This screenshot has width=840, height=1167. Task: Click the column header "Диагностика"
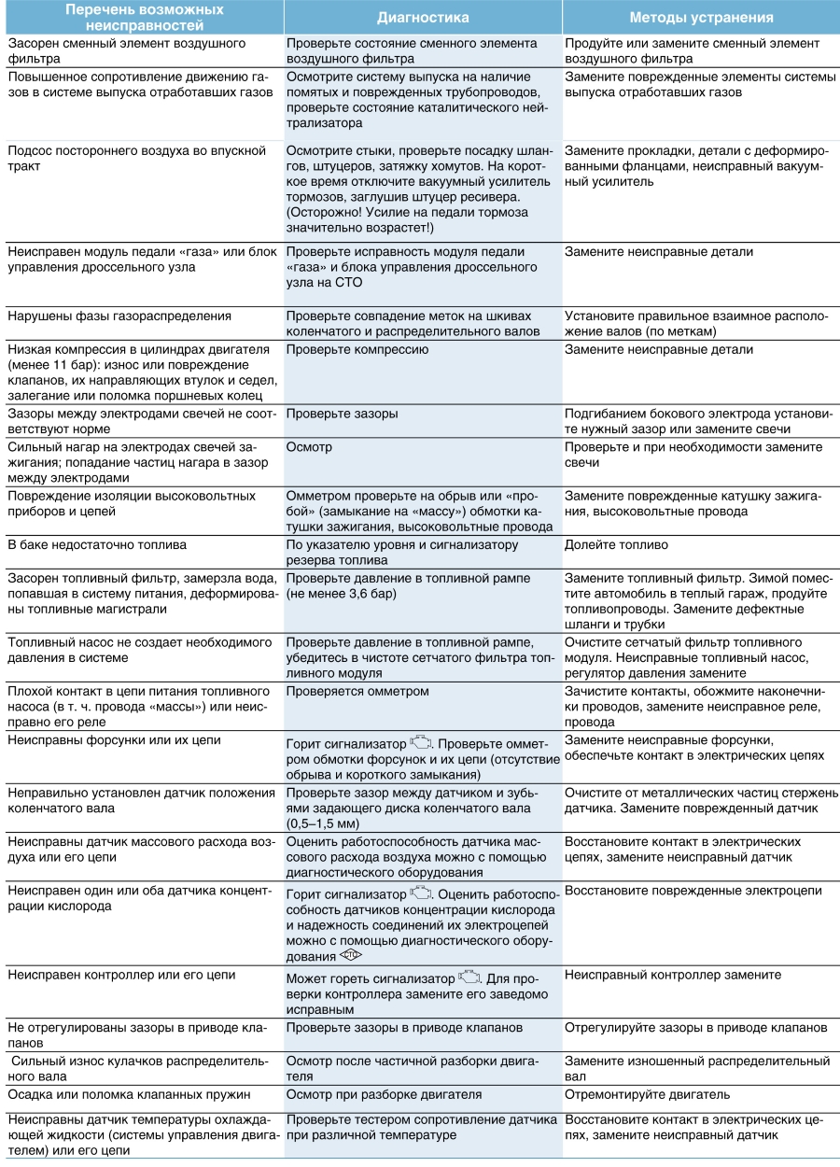click(423, 18)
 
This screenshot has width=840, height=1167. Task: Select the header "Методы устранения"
click(701, 18)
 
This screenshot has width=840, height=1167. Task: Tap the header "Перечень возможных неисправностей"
click(142, 18)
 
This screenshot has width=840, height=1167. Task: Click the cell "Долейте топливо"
click(616, 544)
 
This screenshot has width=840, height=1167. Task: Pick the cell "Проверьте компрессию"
click(357, 349)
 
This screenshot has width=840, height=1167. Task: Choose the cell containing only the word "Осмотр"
click(309, 447)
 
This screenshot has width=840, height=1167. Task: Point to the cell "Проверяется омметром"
click(357, 691)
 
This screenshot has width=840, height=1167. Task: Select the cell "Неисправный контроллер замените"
click(673, 975)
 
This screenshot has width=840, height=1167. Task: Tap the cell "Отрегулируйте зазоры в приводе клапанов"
click(695, 1027)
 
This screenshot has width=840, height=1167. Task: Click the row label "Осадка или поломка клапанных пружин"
click(124, 1094)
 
